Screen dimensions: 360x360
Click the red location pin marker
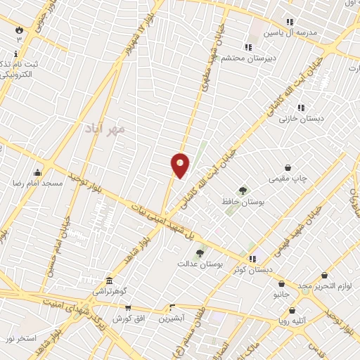point(180,165)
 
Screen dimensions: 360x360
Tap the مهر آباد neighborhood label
point(104,129)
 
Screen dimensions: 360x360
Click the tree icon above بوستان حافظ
point(243,190)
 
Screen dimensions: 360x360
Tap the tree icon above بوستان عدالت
point(200,253)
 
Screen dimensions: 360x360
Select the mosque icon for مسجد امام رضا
point(37,172)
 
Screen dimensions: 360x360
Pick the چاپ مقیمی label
point(288,179)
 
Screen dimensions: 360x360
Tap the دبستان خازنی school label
point(300,119)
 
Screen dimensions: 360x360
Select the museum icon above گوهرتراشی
point(108,280)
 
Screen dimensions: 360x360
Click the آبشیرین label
point(170,318)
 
